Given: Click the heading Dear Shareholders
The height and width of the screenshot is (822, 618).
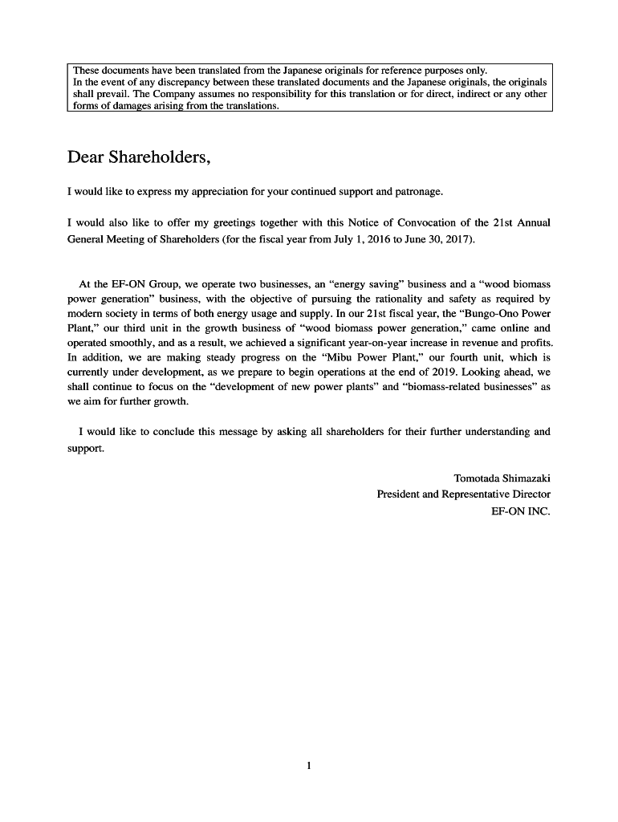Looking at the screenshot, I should point(139,157).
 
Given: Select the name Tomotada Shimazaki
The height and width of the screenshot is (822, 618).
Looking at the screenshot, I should point(502,478).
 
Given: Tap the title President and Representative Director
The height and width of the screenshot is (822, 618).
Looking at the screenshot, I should point(463,494).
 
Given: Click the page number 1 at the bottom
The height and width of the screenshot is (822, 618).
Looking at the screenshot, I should point(309,765).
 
